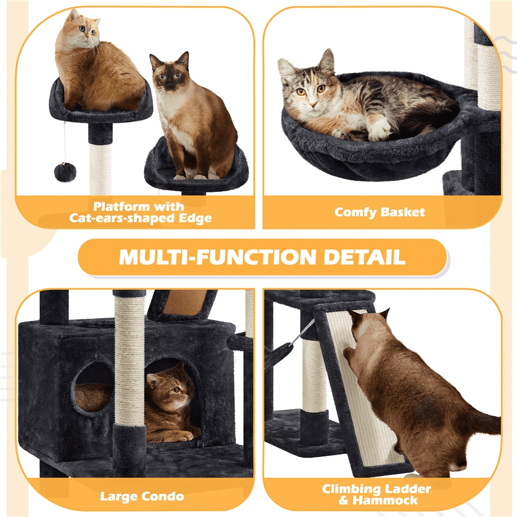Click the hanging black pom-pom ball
click(x=65, y=171)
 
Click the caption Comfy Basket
click(x=379, y=212)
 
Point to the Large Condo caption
click(x=142, y=496)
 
